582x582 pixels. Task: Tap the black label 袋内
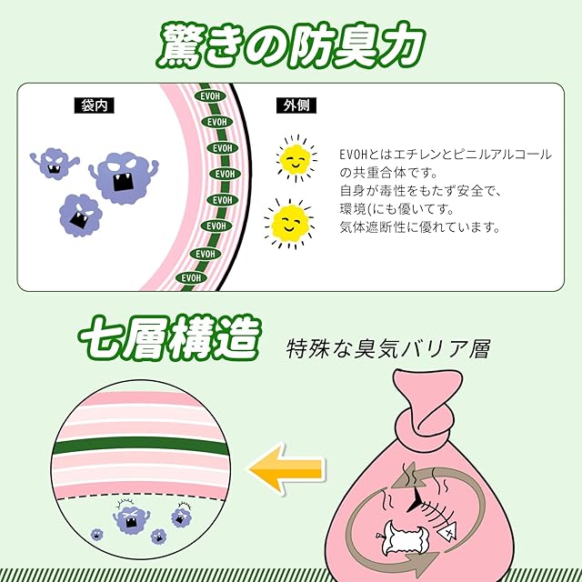92,106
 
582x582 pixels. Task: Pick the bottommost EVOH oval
189,277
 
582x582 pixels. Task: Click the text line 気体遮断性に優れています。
419,227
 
